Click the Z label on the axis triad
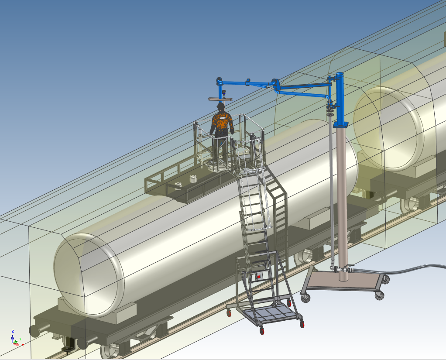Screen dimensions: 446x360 click(13, 331)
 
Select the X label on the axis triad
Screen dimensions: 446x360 click(23, 345)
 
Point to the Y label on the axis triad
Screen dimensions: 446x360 click(20, 339)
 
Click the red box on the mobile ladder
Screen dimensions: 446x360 click(258, 276)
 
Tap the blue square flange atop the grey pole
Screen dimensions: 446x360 click(341, 124)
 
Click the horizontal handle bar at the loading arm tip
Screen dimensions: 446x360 click(220, 99)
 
